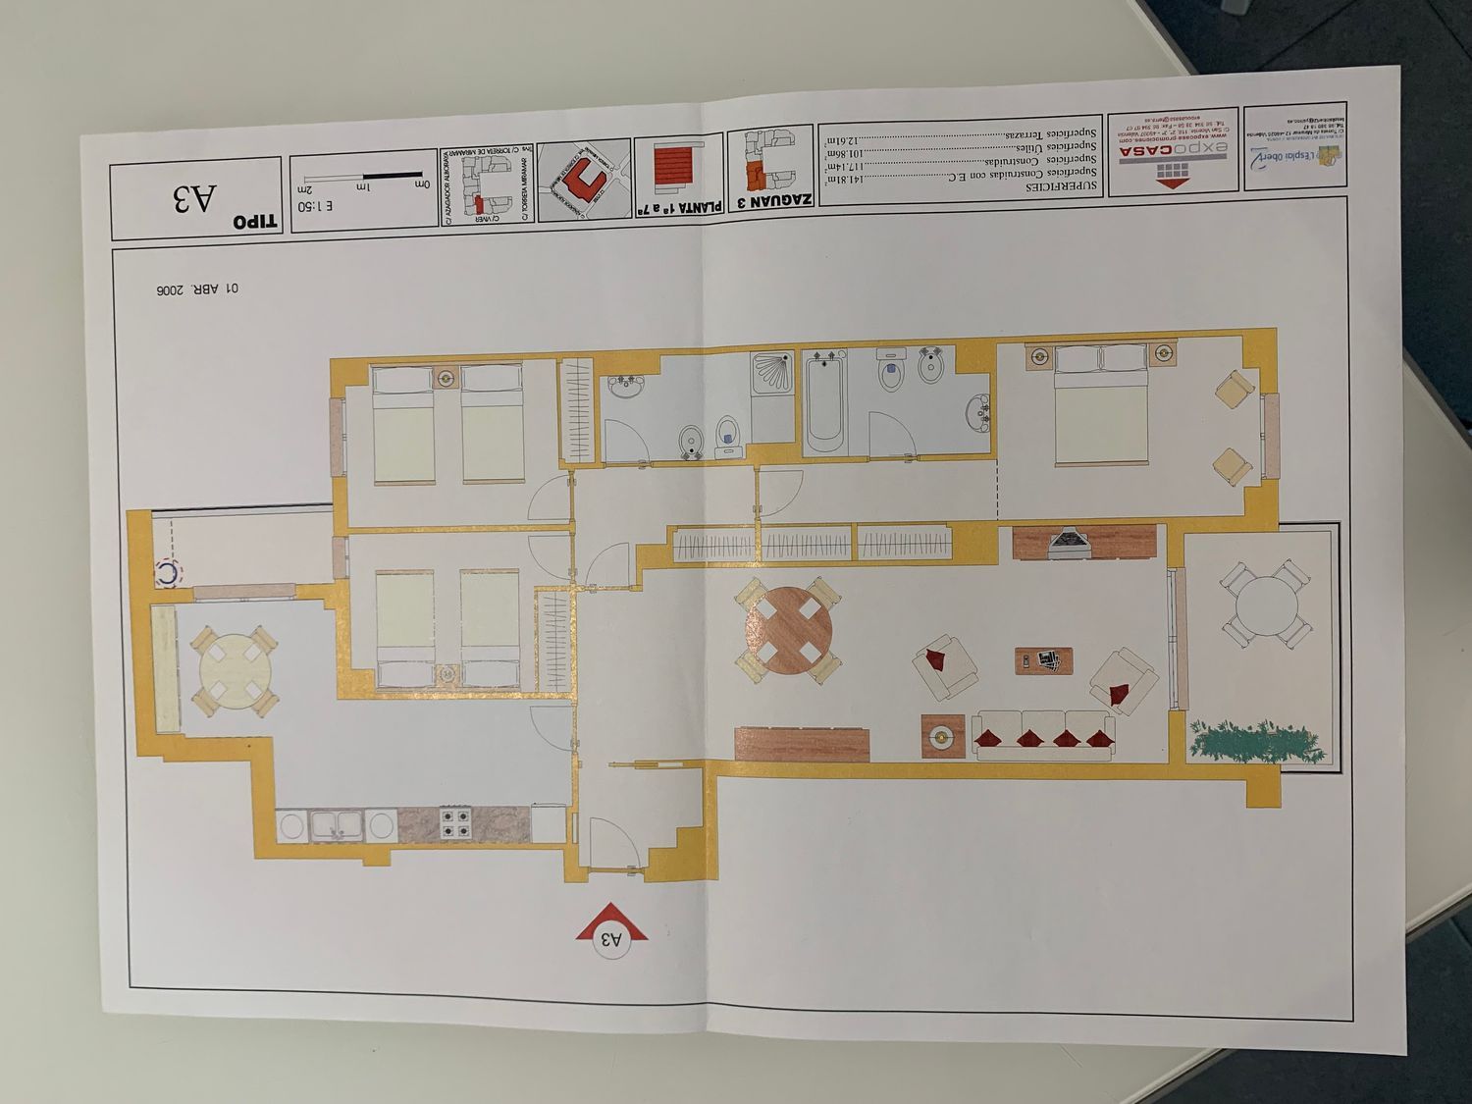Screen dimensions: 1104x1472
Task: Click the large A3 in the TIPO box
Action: [x=193, y=200]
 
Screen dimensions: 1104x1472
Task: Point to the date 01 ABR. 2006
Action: [x=196, y=289]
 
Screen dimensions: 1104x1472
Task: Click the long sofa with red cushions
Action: [x=1043, y=737]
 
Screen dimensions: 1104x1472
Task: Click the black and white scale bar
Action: [x=363, y=176]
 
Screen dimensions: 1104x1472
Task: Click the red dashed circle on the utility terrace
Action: [x=169, y=572]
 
